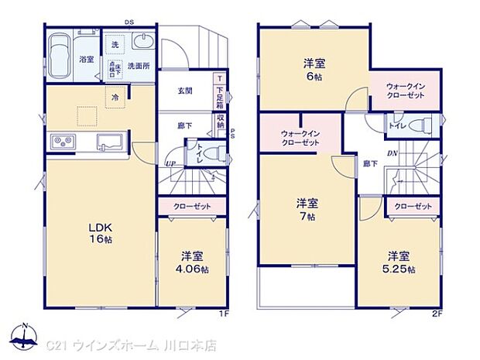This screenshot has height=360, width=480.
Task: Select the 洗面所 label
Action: click(139, 66)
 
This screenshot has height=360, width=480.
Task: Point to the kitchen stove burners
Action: click(62, 142)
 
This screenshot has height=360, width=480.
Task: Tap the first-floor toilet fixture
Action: click(213, 152)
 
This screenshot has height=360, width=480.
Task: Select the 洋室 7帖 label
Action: click(307, 209)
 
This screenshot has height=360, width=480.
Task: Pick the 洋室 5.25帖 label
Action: click(398, 262)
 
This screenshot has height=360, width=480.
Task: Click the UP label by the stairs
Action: click(168, 163)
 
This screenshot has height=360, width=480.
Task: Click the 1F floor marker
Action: click(223, 314)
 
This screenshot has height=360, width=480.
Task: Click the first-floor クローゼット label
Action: click(191, 207)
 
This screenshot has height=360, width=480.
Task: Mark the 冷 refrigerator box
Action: click(115, 98)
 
